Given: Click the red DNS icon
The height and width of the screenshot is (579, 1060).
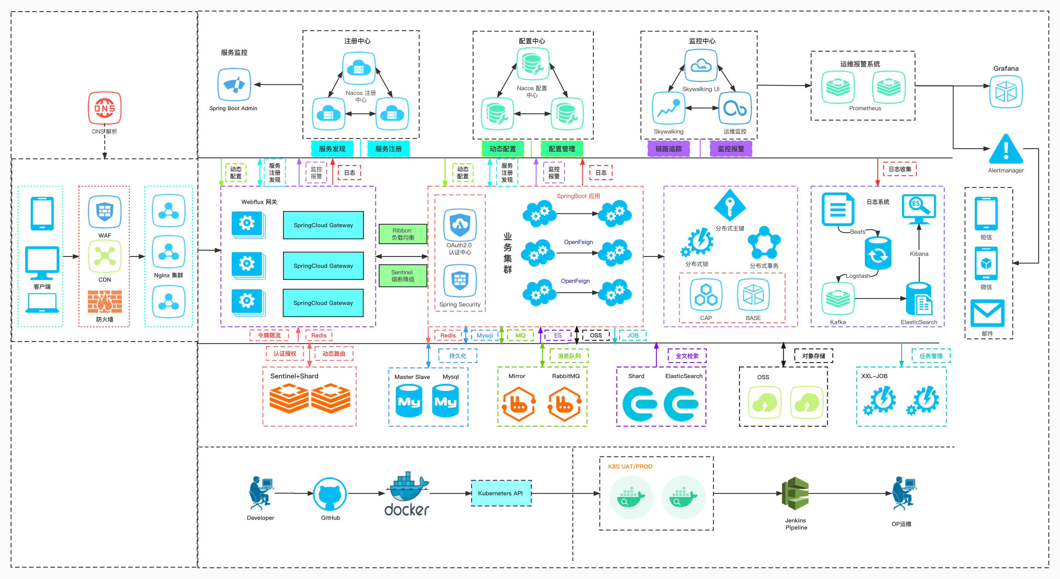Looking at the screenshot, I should click(105, 108).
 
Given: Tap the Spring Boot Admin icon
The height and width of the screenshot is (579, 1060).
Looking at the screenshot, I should click(234, 85).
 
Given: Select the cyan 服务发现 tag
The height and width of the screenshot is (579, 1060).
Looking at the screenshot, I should click(332, 149).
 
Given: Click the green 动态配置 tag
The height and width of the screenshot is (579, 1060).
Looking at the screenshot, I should click(502, 149).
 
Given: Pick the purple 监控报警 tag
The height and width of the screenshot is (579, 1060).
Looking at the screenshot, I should click(731, 149).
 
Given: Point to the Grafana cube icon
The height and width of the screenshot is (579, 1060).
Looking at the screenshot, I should click(1006, 91).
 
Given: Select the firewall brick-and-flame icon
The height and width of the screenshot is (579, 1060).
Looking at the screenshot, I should click(105, 301).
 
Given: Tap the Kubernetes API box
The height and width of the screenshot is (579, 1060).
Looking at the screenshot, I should click(501, 493).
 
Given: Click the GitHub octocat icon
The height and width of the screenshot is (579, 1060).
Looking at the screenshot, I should click(330, 494).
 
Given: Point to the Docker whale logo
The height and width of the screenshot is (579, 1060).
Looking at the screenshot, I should click(407, 494).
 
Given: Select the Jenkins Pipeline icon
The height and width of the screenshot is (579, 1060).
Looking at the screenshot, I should click(795, 494).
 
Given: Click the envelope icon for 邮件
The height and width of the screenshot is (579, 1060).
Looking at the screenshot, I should click(987, 313).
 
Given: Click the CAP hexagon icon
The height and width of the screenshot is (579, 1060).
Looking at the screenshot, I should click(706, 295).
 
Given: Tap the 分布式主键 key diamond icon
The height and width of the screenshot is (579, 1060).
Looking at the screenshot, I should click(730, 205).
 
